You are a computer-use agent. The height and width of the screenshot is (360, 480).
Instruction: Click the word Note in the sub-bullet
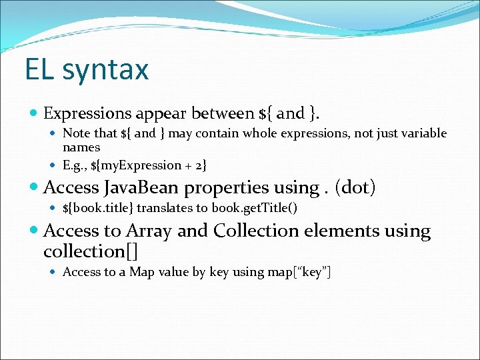pos(75,133)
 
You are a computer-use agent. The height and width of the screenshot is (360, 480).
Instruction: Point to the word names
pos(81,147)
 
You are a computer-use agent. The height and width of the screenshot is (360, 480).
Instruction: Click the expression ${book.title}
pos(99,209)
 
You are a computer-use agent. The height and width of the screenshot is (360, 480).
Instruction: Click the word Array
pos(148,231)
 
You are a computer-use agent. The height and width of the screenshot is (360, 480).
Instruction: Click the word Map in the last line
pos(141,272)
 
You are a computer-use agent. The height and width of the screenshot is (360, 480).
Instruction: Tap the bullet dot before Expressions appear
pos(35,113)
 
